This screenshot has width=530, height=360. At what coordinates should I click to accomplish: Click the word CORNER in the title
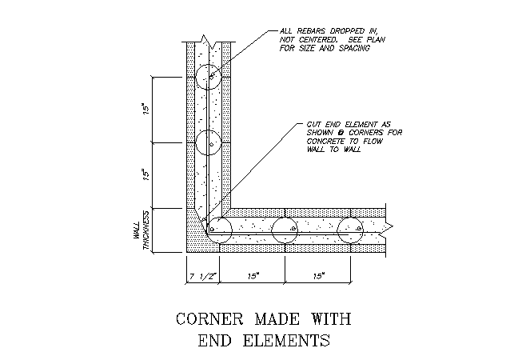209,319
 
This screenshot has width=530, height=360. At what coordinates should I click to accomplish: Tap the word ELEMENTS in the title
286,340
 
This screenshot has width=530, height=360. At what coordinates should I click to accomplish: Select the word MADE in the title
277,319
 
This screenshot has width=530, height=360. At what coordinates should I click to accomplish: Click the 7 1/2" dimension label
203,277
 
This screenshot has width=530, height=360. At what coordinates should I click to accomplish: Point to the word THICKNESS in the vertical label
147,230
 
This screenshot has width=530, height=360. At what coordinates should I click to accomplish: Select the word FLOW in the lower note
373,141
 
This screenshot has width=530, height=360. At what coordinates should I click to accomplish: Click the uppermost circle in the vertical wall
208,64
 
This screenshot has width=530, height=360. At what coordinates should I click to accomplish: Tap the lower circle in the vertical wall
208,130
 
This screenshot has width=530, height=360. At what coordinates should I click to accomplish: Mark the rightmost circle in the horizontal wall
350,218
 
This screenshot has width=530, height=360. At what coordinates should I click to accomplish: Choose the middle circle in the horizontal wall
285,218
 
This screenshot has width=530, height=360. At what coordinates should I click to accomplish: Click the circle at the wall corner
219,218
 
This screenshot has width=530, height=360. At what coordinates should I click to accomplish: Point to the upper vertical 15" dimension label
145,109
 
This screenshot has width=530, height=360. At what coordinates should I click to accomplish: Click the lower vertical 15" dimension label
145,174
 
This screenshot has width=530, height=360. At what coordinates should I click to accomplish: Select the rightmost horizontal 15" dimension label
318,277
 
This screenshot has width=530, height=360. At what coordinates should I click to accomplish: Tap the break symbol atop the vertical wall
209,42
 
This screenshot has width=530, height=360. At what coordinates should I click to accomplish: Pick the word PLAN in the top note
376,39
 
